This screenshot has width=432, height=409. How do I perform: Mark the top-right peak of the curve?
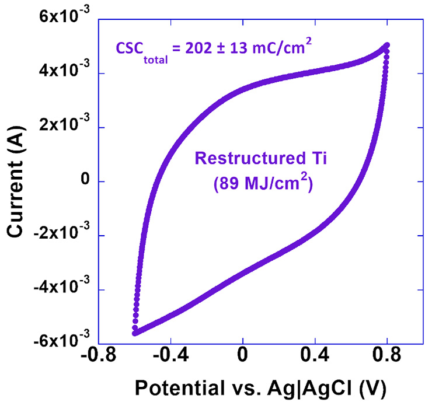(386, 45)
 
